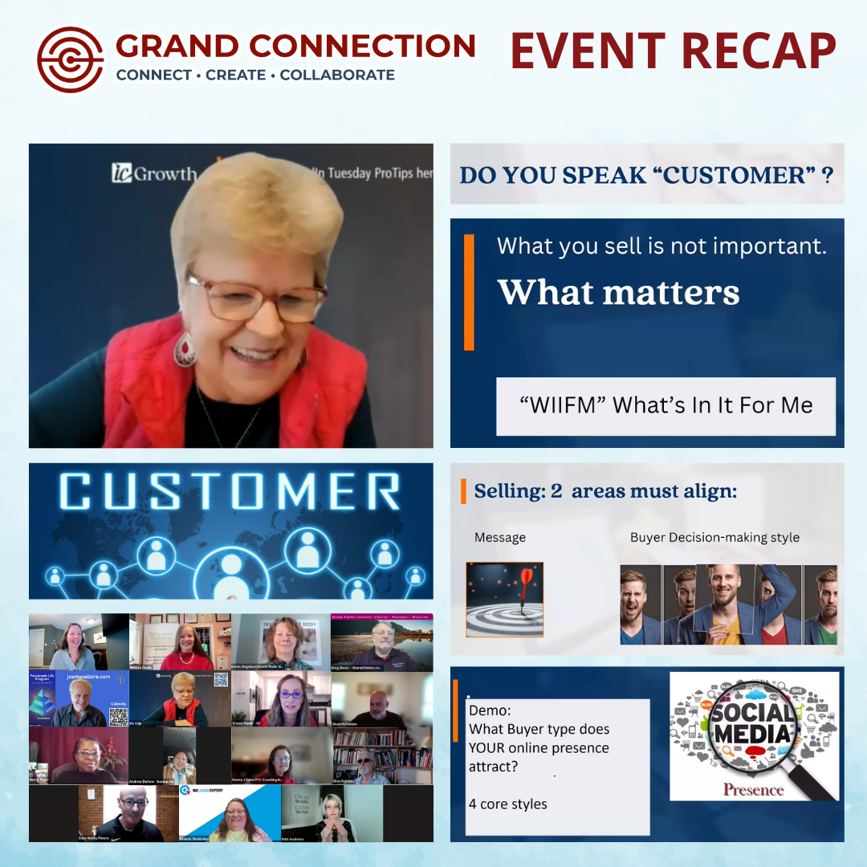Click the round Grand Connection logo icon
[71, 59]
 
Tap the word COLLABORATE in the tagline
[337, 75]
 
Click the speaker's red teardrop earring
[185, 348]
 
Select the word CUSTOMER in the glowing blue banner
[230, 492]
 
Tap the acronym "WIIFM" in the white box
[560, 405]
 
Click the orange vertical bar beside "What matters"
[469, 292]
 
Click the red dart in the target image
[525, 580]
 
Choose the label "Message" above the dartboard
[500, 537]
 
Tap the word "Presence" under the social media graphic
[753, 789]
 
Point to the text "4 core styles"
[508, 804]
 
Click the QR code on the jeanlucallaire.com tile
[118, 717]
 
